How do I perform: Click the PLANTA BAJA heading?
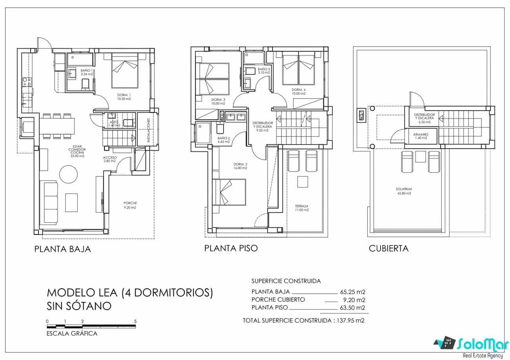[62, 249]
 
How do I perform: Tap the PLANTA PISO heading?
[231, 248]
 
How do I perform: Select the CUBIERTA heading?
[388, 249]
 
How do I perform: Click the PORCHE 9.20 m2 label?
[130, 205]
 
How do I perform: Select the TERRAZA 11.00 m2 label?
[301, 208]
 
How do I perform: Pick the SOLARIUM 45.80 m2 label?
[403, 191]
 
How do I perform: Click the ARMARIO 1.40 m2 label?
[421, 136]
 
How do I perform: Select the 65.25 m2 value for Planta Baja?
[352, 292]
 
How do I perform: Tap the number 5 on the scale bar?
[135, 321]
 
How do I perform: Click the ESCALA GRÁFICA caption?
[72, 334]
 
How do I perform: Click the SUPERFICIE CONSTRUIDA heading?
[286, 281]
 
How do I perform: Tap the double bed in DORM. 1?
[125, 71]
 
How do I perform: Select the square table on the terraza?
[303, 183]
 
